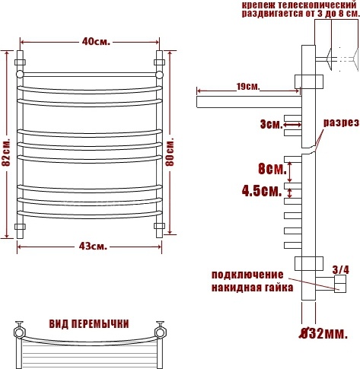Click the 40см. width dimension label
[x=96, y=42]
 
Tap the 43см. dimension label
[x=93, y=246]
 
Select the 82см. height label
[x=5, y=152]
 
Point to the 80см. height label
[x=170, y=152]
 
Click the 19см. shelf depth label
[x=248, y=87]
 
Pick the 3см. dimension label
[x=271, y=125]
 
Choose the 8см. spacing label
[x=272, y=169]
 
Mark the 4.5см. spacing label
[x=262, y=191]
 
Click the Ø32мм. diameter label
[x=323, y=334]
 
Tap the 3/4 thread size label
[x=341, y=270]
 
